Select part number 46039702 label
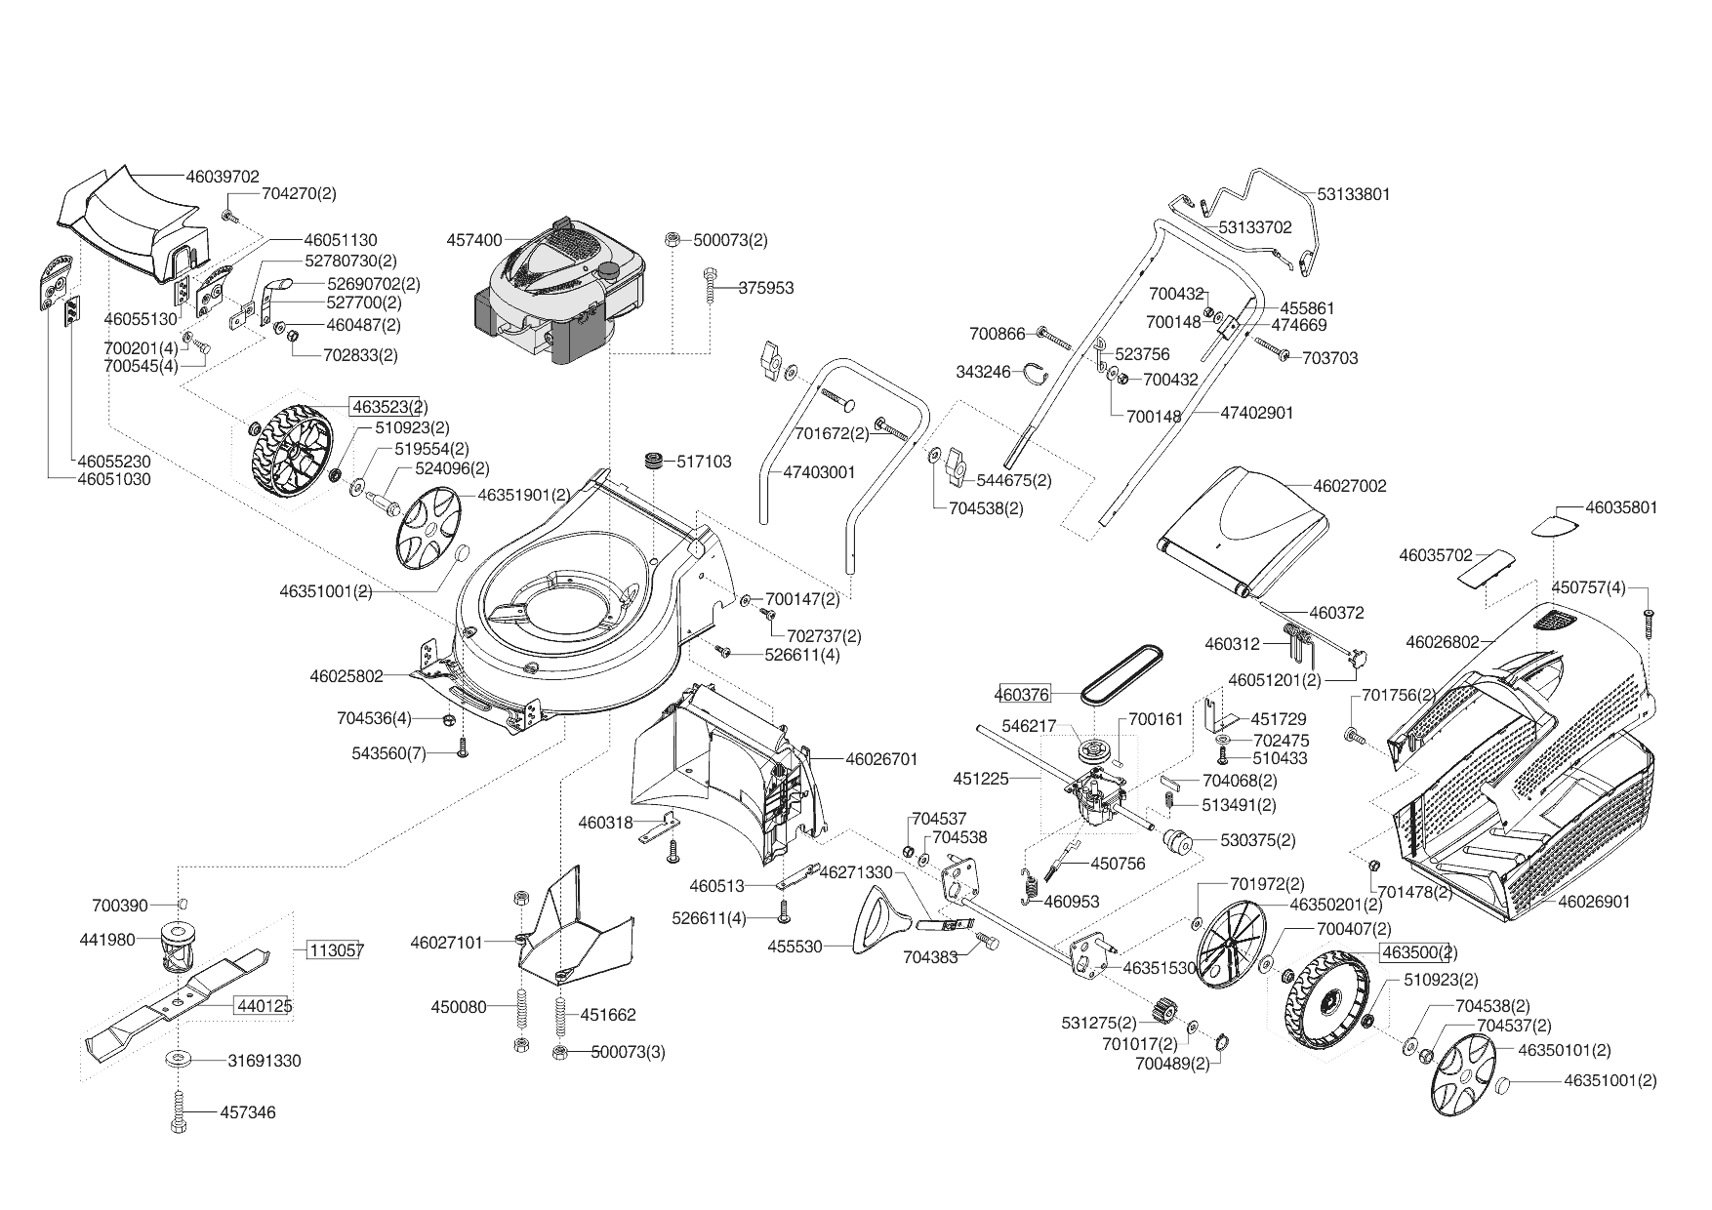point(223,177)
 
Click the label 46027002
point(1350,485)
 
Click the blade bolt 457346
point(179,1112)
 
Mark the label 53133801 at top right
point(1354,193)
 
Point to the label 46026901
point(1594,902)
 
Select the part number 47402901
point(1257,413)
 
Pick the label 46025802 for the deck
point(346,675)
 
